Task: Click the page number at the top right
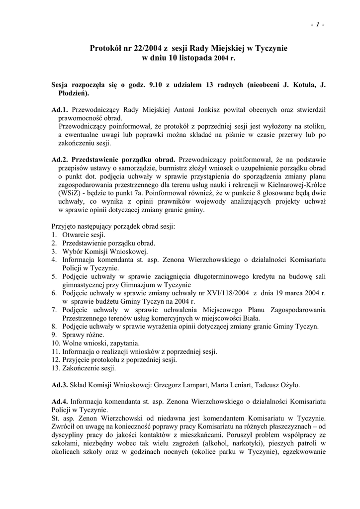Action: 317,25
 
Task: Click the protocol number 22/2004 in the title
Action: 142,48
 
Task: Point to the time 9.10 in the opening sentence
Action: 157,85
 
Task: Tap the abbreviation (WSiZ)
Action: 72,194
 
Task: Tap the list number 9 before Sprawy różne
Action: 54,335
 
